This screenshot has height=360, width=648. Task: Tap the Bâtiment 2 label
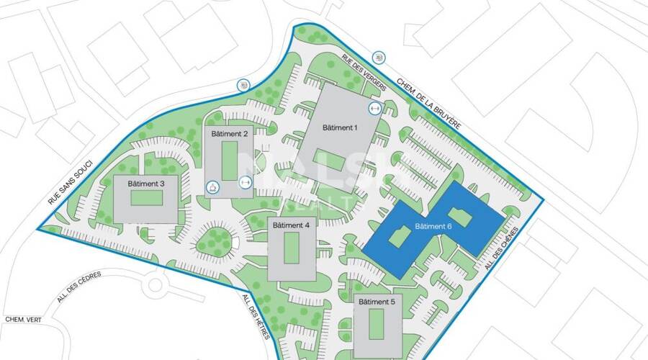[230, 134]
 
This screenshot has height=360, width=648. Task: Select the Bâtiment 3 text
[146, 184]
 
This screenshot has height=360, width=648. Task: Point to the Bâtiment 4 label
[292, 225]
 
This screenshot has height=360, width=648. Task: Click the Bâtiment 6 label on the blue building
[433, 228]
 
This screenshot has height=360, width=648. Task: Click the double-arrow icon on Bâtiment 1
[374, 109]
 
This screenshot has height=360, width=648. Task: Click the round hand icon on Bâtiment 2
[213, 187]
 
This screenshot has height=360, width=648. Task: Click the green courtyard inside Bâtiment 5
[376, 324]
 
